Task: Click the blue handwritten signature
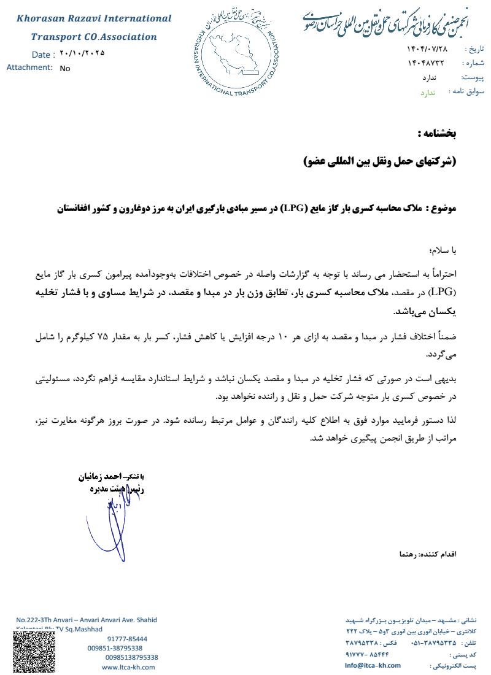117,522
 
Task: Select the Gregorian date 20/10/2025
82,53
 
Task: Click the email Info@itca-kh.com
373,665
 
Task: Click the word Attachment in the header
29,67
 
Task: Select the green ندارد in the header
427,92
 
